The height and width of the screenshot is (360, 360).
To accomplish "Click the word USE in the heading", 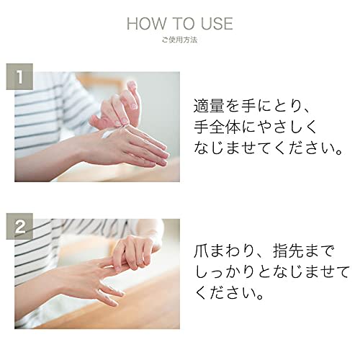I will [215, 24].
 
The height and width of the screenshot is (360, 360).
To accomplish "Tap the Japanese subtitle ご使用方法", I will [179, 42].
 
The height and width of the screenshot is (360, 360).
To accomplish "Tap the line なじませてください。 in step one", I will [269, 150].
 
